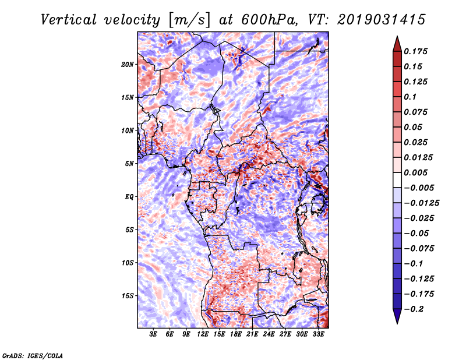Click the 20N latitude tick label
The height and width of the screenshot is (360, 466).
click(x=128, y=64)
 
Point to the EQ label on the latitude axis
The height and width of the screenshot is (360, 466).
click(x=129, y=196)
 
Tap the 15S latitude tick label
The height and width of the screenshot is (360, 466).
click(x=128, y=295)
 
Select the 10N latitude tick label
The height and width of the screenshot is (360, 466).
click(x=128, y=130)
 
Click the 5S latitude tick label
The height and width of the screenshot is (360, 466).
click(x=129, y=230)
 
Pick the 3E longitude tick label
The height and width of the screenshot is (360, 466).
click(x=154, y=334)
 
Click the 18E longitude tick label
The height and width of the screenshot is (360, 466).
click(x=236, y=334)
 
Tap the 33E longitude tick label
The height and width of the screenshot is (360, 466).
click(x=319, y=334)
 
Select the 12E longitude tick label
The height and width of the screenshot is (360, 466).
click(x=203, y=334)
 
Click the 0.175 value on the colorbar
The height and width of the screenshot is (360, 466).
click(x=416, y=51)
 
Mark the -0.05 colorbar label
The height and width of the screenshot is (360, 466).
click(x=417, y=233)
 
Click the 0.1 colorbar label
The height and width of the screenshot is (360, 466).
click(x=412, y=97)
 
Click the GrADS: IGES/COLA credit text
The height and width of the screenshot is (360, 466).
click(x=33, y=355)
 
